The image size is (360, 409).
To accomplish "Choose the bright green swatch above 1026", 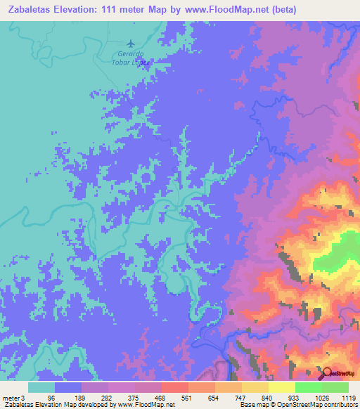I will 308,387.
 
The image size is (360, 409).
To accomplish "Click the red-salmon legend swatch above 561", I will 174,387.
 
